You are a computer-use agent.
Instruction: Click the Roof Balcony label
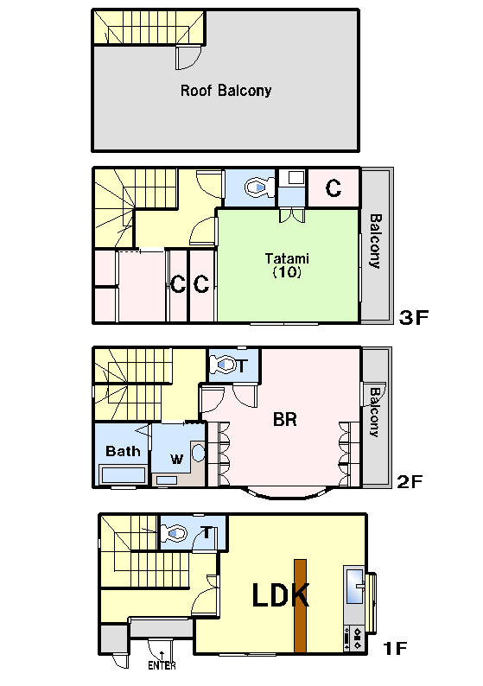226,91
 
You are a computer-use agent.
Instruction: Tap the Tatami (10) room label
287,265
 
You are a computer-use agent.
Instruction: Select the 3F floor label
413,317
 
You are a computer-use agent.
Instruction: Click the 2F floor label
410,482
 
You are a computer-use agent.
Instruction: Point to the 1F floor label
395,648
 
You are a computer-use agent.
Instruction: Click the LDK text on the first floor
281,594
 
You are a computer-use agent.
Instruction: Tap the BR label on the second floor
285,419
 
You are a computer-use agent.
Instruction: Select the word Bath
123,451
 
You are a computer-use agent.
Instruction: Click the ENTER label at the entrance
162,665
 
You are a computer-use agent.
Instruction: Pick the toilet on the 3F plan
259,188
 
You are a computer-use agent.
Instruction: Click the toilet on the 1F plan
175,534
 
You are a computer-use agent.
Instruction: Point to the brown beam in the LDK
300,606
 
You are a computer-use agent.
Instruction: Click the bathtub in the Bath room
123,475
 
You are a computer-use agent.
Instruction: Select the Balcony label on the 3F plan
375,241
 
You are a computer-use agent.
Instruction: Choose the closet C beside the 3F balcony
334,188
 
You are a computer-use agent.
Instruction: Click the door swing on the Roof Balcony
188,57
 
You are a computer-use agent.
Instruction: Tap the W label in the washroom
177,459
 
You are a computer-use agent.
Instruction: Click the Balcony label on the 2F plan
374,412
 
